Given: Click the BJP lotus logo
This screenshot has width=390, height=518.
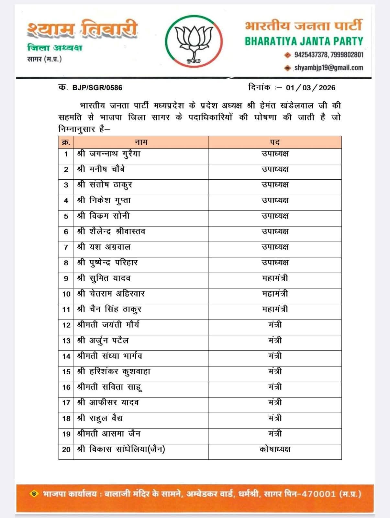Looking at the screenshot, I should (x=194, y=41).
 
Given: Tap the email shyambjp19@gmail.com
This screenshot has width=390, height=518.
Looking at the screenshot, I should (x=329, y=68).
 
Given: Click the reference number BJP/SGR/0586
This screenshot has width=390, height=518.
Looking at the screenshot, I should (x=97, y=88).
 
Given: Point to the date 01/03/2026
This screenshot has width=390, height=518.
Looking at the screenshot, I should (x=310, y=88).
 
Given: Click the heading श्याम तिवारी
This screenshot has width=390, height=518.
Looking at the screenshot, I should (x=83, y=29).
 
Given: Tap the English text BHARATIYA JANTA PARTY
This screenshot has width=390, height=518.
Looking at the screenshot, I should (x=304, y=41).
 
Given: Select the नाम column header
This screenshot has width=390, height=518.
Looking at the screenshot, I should (x=141, y=142).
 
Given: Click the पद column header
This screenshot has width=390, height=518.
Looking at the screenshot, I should (x=275, y=142).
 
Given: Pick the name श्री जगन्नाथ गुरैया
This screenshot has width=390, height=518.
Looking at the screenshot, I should (x=109, y=154).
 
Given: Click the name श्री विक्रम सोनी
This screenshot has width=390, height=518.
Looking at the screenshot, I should (x=103, y=216).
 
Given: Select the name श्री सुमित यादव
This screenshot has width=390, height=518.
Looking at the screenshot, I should (x=104, y=278).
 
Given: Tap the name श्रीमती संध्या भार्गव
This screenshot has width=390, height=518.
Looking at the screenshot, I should (x=110, y=356).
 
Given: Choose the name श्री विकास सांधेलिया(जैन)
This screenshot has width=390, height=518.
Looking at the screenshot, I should (x=121, y=449).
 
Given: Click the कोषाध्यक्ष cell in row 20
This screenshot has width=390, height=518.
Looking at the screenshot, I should (x=275, y=449).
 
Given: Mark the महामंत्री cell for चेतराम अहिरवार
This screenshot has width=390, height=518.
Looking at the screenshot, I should (x=275, y=294).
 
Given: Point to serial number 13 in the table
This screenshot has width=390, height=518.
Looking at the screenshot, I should (x=66, y=341).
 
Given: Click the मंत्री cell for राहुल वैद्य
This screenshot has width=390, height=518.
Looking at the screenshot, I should (x=275, y=418).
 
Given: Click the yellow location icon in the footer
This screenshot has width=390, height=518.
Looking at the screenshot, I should (x=34, y=494).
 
